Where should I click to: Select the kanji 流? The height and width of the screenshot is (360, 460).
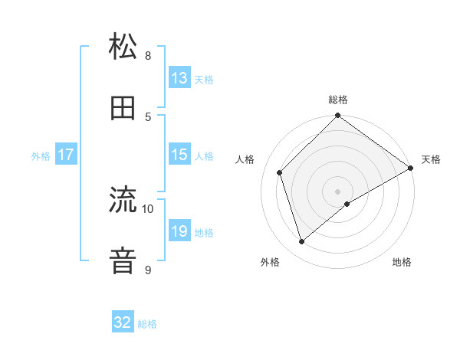123,201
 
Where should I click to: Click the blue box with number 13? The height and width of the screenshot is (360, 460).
179,78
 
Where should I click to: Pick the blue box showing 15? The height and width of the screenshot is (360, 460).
179,155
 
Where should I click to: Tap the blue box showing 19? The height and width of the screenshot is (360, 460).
179,231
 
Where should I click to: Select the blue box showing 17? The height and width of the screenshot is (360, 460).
66,155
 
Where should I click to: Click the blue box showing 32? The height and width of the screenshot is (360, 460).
123,322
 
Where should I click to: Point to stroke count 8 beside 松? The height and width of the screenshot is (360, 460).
148,55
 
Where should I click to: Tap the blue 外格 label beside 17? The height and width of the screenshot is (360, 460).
41,155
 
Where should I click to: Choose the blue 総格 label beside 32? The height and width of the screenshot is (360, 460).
147,323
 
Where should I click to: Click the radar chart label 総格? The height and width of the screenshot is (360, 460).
338,100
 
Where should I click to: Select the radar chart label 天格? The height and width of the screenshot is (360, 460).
431,159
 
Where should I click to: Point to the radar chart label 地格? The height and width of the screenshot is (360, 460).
402,262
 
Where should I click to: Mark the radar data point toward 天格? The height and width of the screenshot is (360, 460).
411,168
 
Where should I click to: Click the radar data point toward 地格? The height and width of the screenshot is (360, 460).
347,204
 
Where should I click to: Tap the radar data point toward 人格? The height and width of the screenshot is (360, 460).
280,172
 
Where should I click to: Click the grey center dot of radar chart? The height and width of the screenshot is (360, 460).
338,191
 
